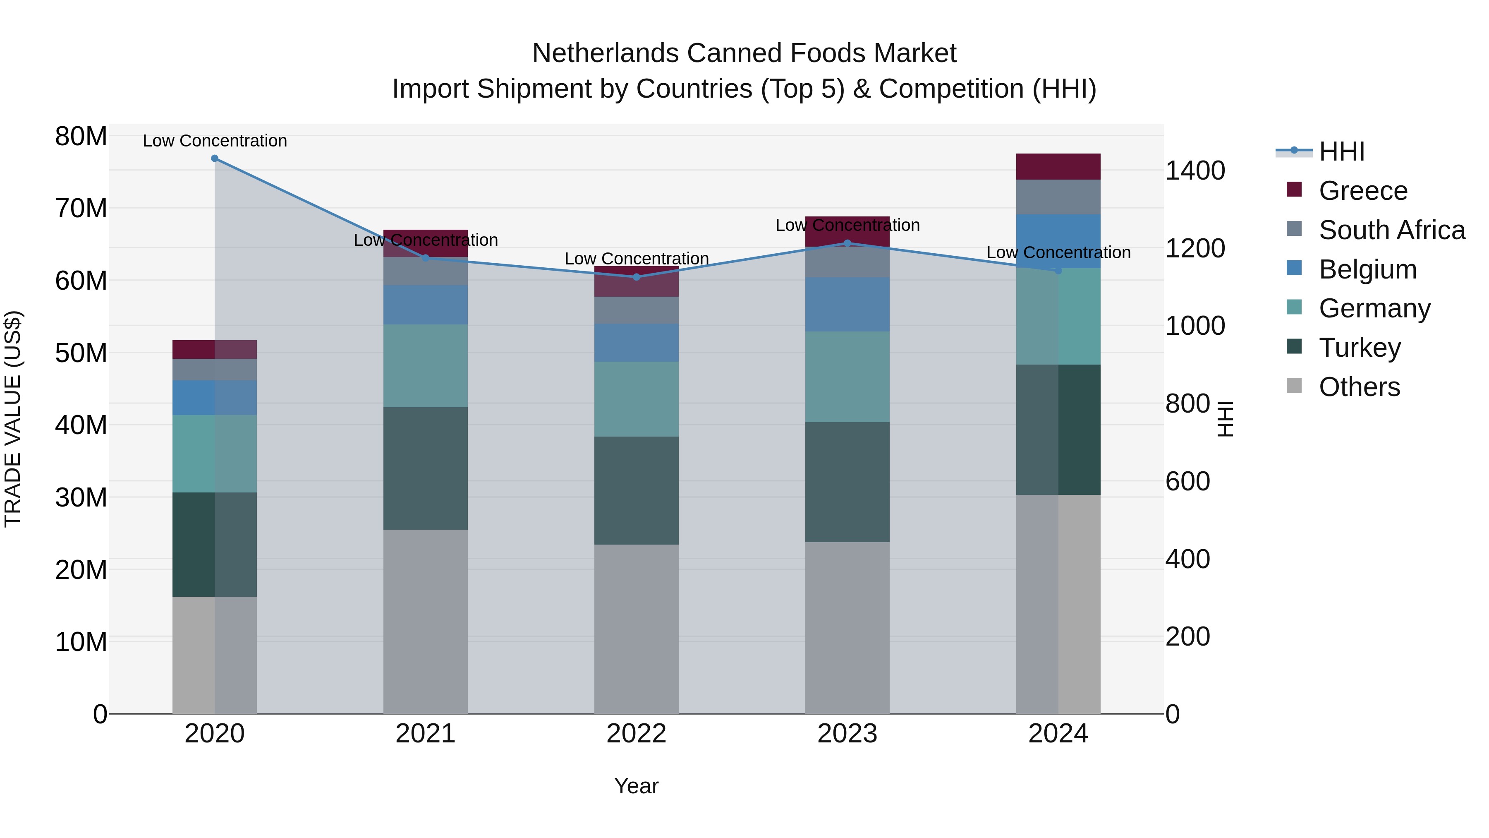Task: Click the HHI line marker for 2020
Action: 214,158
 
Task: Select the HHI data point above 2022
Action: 637,277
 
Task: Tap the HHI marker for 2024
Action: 1058,271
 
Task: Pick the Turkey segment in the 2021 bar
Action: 426,468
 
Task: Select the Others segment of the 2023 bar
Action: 847,627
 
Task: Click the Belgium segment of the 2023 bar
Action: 847,304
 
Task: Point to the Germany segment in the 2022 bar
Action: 637,399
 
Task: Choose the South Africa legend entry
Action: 1392,230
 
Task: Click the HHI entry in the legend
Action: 1341,151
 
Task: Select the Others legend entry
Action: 1359,387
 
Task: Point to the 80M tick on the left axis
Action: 81,137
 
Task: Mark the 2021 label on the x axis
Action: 426,734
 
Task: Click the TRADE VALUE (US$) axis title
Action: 13,419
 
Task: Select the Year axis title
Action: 637,786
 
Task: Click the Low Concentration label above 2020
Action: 214,141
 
